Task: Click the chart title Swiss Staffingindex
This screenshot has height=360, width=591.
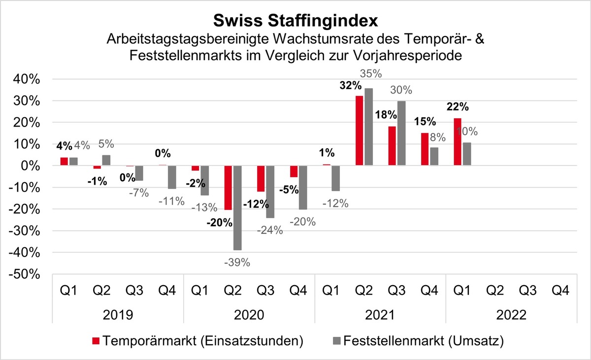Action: (x=295, y=20)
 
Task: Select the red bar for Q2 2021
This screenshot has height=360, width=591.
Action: (x=359, y=131)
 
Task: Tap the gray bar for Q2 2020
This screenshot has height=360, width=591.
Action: (x=237, y=208)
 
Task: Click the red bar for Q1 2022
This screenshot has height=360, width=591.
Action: (x=457, y=142)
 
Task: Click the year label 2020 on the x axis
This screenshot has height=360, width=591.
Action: (x=249, y=314)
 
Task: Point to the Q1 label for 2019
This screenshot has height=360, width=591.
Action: (x=68, y=290)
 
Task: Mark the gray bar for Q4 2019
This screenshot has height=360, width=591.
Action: (x=171, y=177)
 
